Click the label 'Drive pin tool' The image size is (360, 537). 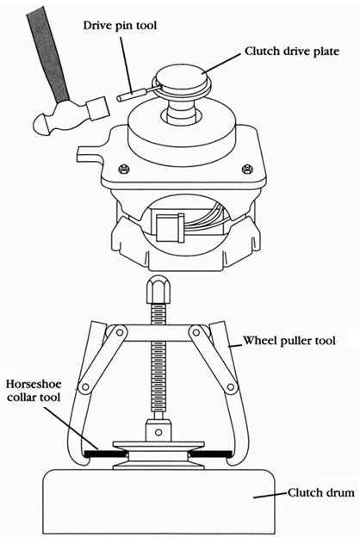[x=120, y=25]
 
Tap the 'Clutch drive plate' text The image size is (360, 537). [x=292, y=51]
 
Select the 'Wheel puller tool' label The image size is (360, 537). [x=289, y=341]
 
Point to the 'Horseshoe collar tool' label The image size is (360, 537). [x=34, y=390]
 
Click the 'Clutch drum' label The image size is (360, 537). [x=321, y=492]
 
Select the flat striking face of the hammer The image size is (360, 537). [x=98, y=108]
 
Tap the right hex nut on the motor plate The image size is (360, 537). [x=245, y=169]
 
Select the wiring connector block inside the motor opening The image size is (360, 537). [x=170, y=228]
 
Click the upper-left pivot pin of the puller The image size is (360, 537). [x=120, y=332]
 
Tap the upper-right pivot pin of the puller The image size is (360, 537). [x=196, y=331]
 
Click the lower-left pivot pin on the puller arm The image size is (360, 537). [x=84, y=387]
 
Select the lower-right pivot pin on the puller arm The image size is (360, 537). [x=232, y=387]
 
